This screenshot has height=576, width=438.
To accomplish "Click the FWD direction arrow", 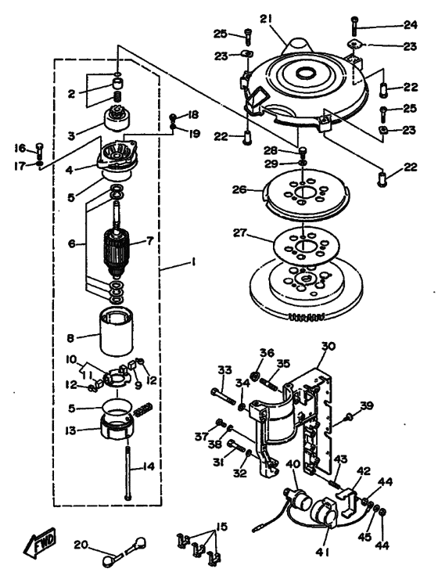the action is pos(41,542).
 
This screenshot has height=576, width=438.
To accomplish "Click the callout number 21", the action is pos(266,19).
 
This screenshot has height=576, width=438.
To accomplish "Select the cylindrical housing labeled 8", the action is pos(117,333).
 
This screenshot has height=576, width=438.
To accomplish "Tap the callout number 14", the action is pos(148,467).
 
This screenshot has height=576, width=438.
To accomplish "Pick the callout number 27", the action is pos(242,233).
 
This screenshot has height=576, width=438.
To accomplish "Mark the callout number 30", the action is pos(328,346).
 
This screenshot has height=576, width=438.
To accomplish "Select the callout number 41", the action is pos(324,552).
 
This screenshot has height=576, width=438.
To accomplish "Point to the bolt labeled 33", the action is pos(223,396).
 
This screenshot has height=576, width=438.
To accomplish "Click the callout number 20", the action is pos(81,544).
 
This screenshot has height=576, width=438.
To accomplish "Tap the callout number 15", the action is pos(222,527).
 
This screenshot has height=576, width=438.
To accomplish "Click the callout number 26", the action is pos(239,190).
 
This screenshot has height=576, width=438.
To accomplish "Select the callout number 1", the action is pos(192,261).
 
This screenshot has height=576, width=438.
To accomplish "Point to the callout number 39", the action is pos(366,405).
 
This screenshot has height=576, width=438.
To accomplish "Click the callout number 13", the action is pos(70,430).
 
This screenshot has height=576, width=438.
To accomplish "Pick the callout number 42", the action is pos(364,471).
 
